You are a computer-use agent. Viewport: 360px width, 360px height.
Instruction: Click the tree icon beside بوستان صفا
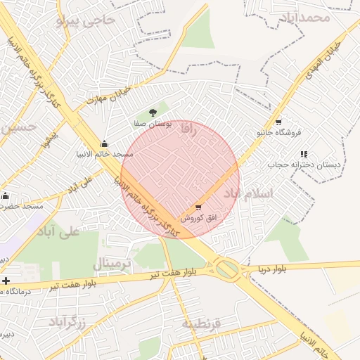pos(153,112)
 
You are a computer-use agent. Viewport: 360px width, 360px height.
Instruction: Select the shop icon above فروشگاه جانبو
pos(279,121)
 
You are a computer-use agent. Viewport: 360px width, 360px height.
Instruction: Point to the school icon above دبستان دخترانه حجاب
pos(304,154)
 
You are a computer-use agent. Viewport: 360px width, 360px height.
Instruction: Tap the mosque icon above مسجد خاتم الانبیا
pos(105,143)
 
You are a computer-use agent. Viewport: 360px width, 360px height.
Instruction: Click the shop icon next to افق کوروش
pos(198,207)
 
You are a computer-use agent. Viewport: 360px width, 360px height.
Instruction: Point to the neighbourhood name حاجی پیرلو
pos(84,19)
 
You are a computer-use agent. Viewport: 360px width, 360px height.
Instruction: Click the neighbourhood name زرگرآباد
pos(67,323)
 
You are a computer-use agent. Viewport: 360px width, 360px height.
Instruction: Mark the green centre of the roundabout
pos(226,267)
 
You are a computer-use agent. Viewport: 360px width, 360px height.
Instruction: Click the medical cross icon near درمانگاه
pos(6,281)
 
